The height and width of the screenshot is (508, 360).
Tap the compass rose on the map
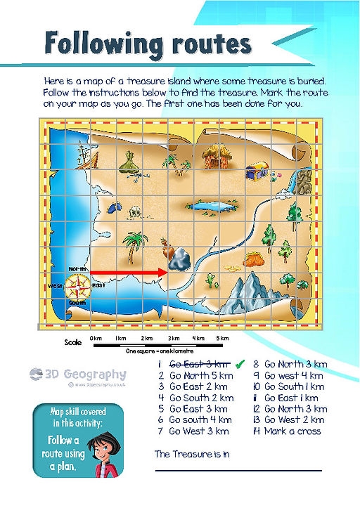point(78,286)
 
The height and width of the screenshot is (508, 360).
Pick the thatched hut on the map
point(213,157)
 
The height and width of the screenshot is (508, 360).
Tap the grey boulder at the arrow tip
point(179,260)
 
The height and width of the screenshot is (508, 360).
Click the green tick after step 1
point(239,363)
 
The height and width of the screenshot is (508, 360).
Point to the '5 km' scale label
point(222,339)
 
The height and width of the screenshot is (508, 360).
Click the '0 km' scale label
point(96,339)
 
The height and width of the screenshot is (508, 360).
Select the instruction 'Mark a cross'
point(288,431)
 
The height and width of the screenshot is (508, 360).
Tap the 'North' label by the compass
point(77,269)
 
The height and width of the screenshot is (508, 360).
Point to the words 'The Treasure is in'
point(191,454)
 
